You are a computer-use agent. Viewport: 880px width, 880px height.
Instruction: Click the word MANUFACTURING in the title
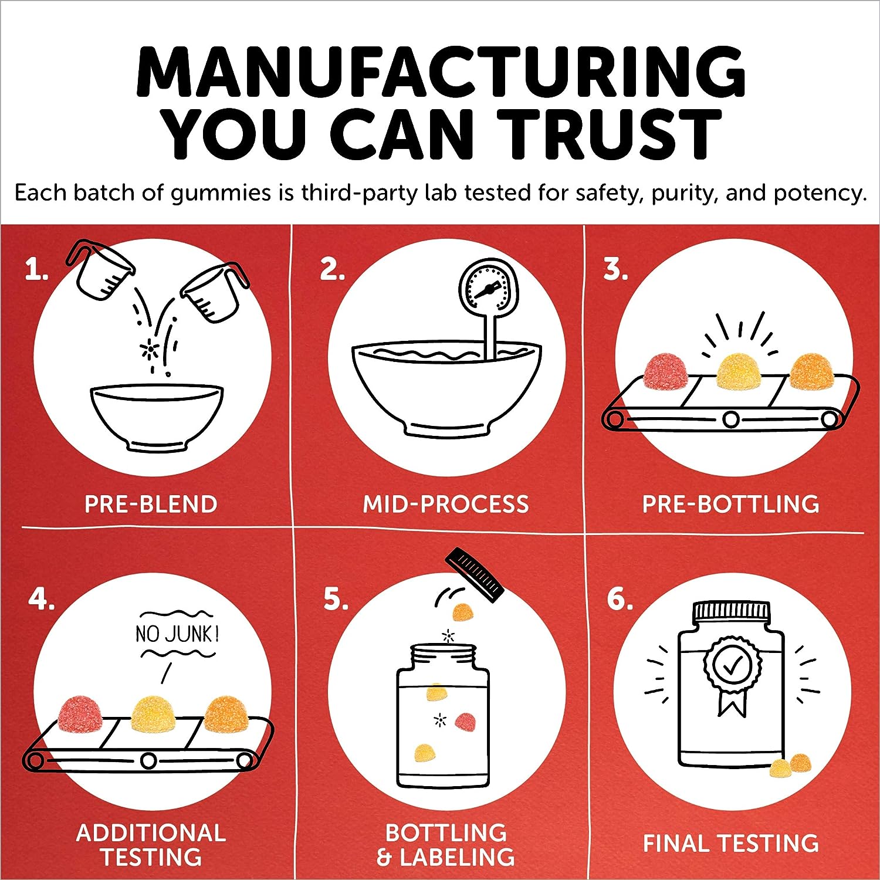tap(441, 72)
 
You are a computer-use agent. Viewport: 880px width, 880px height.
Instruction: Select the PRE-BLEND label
tap(151, 505)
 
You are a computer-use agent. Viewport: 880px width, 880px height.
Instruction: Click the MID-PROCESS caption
tap(446, 505)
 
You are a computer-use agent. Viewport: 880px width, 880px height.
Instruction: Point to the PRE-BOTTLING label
tap(731, 505)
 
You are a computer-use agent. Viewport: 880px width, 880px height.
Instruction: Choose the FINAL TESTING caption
tap(731, 844)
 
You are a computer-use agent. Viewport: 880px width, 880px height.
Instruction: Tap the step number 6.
tap(620, 599)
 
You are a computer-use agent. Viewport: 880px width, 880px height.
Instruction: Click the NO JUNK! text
tap(177, 634)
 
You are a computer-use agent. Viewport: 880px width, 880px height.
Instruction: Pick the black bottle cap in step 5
tap(475, 574)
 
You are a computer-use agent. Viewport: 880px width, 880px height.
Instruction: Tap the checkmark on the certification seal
tap(732, 665)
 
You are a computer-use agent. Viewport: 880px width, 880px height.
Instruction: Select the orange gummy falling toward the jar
tap(462, 612)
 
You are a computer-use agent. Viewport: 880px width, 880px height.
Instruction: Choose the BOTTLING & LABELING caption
tap(446, 845)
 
